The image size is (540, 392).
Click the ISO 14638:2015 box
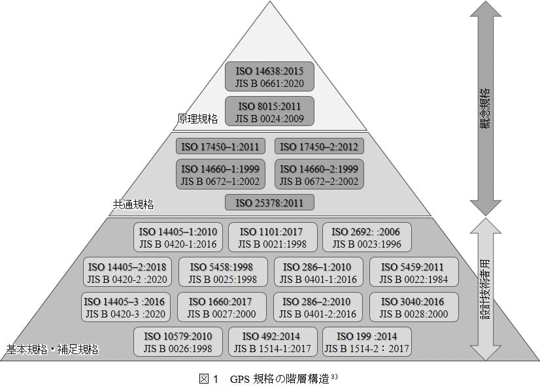coord(269,76)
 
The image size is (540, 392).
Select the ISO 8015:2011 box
coord(269,112)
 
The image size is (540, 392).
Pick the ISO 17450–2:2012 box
coord(319,146)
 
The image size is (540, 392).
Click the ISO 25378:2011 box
coord(269,203)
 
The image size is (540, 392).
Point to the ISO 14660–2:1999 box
coord(319,174)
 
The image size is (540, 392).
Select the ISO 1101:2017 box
coord(272,238)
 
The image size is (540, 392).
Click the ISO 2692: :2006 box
coord(367,238)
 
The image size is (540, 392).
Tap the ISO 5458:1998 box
coord(224,273)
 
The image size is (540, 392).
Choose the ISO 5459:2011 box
coord(414,273)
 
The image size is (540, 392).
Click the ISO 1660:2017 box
coord(224,308)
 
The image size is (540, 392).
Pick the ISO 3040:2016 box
coord(414,308)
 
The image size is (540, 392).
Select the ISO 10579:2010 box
coord(178,342)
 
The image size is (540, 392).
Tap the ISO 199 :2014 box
coord(367,342)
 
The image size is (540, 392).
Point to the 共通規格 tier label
coord(133,204)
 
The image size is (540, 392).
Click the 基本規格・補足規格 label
coord(52,350)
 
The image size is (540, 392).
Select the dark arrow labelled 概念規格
coord(484,108)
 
